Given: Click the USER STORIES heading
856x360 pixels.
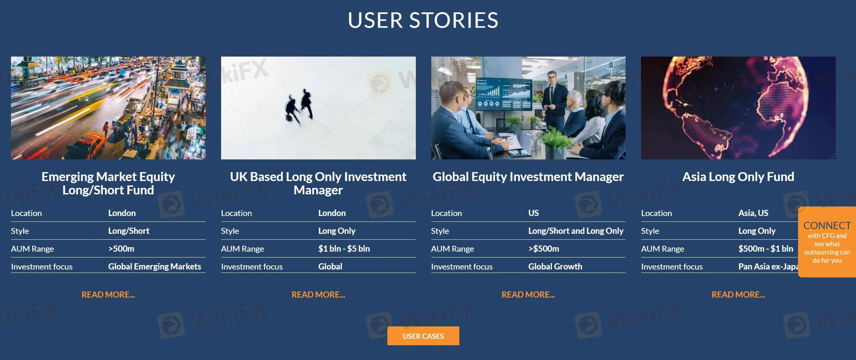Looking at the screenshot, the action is (x=423, y=20).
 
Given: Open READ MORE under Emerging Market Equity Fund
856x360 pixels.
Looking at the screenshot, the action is (x=108, y=295).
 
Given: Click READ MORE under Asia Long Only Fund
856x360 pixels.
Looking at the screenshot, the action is (x=738, y=295).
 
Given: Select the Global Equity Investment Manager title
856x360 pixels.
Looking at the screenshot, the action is (x=528, y=177).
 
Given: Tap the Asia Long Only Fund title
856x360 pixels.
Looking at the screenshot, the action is (x=738, y=177).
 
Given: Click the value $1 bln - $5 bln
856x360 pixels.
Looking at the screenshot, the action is (x=344, y=249).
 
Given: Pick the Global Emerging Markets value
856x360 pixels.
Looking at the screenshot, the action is (x=155, y=266).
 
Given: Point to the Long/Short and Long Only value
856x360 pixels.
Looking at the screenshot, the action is (x=576, y=231).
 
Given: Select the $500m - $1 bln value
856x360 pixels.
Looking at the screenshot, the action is (x=765, y=249).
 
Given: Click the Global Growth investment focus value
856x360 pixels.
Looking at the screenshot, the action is (x=555, y=266).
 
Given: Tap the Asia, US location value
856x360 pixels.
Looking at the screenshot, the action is (x=753, y=213).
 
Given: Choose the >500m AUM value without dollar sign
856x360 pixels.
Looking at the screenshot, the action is (x=121, y=249).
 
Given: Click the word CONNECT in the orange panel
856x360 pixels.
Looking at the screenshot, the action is (x=827, y=226).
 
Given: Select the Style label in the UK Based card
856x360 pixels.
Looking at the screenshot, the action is (x=230, y=231).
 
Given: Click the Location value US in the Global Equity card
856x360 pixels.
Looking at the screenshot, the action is (x=533, y=213).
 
